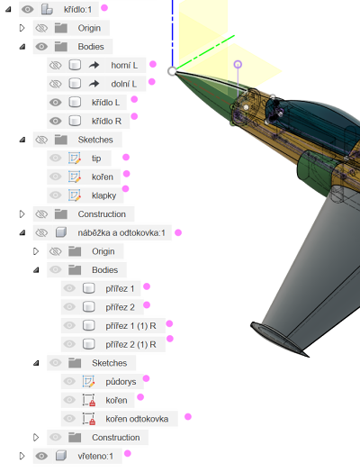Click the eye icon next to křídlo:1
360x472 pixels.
(27, 9)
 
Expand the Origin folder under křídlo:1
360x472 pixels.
(22, 28)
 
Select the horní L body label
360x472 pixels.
(124, 66)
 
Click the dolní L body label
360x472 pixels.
(124, 84)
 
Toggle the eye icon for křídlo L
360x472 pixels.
(55, 103)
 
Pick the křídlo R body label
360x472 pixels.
(106, 121)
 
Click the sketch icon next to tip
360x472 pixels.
(75, 158)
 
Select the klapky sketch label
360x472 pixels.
(103, 195)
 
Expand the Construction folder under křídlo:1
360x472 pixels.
(22, 214)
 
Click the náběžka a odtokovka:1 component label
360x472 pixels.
(121, 232)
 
